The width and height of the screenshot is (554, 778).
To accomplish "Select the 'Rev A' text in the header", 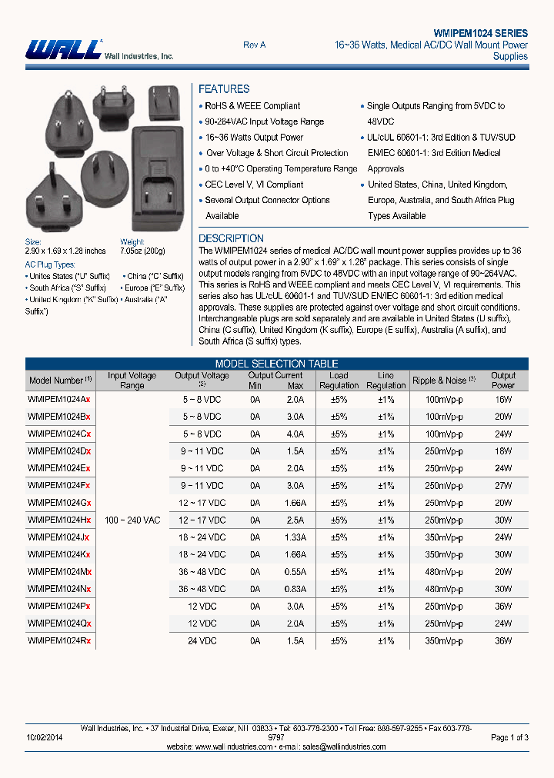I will click(x=254, y=45).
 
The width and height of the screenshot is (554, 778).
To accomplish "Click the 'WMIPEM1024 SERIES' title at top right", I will click(x=480, y=33).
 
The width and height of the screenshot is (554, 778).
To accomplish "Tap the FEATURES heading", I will click(x=224, y=89).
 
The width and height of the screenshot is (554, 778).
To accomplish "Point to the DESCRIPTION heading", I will click(x=231, y=238).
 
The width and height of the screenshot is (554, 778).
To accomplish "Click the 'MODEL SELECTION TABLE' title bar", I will click(x=276, y=364).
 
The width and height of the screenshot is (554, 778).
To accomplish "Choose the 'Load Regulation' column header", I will click(x=339, y=381).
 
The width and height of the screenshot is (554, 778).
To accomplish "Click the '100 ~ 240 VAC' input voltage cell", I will click(x=132, y=520).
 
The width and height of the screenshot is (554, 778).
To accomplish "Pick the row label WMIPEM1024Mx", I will click(x=59, y=572).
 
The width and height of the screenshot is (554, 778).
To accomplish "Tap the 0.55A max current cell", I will click(x=295, y=572).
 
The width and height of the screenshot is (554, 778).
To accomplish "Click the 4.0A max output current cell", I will click(x=295, y=434).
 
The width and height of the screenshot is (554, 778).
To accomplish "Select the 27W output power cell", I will click(x=503, y=486).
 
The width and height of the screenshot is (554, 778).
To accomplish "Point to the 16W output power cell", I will click(x=503, y=400).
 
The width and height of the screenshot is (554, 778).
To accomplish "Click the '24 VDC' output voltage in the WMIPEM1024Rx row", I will click(x=203, y=640).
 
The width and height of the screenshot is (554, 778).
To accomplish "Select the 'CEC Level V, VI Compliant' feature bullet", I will click(x=254, y=185).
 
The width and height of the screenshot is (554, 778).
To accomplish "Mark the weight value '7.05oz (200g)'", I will click(x=142, y=251).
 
